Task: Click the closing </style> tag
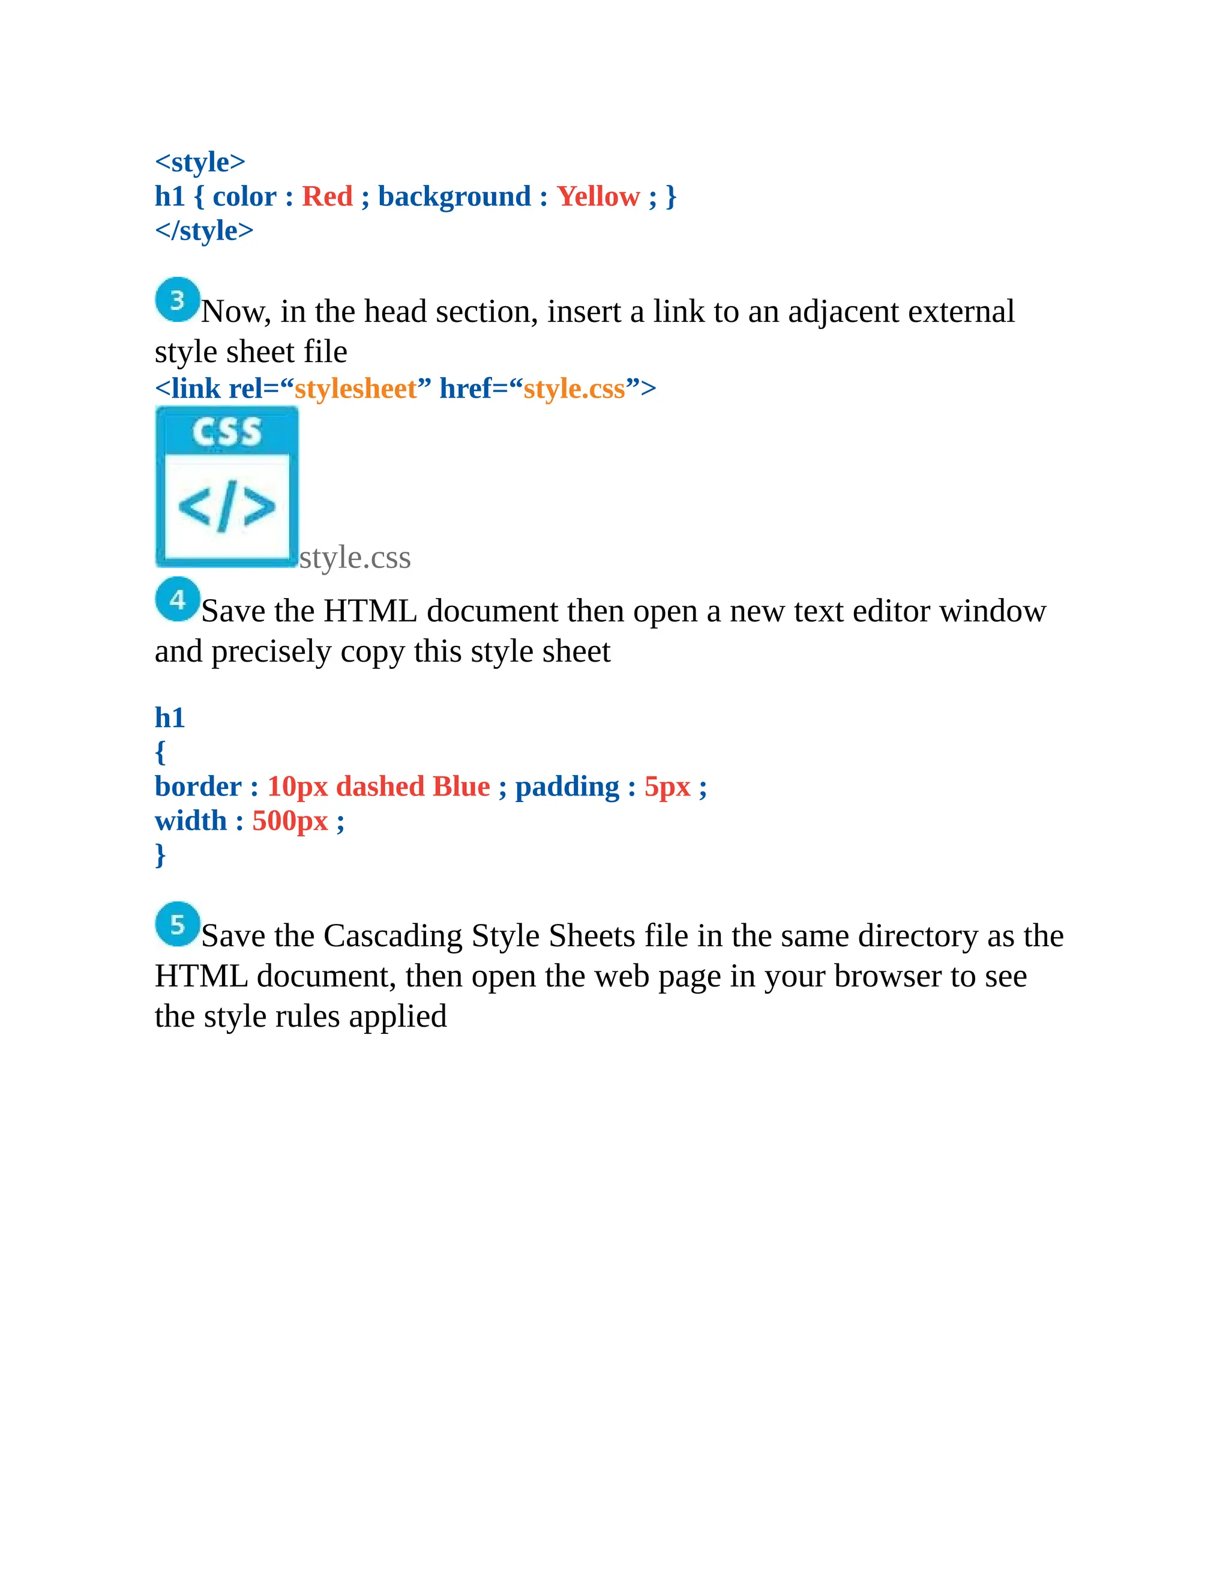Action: pos(204,231)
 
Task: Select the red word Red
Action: pos(327,197)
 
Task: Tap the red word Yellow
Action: pos(598,197)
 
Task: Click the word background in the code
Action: pos(454,197)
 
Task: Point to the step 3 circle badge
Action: pos(177,300)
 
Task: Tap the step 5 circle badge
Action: pos(177,924)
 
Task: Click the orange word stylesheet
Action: pos(355,389)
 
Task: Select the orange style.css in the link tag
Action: pos(574,389)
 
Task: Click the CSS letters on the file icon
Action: pos(226,432)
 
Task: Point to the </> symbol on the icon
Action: pos(226,505)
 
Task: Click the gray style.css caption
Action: pos(355,558)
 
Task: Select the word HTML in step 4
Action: pos(370,611)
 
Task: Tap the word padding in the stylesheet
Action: pos(566,786)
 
